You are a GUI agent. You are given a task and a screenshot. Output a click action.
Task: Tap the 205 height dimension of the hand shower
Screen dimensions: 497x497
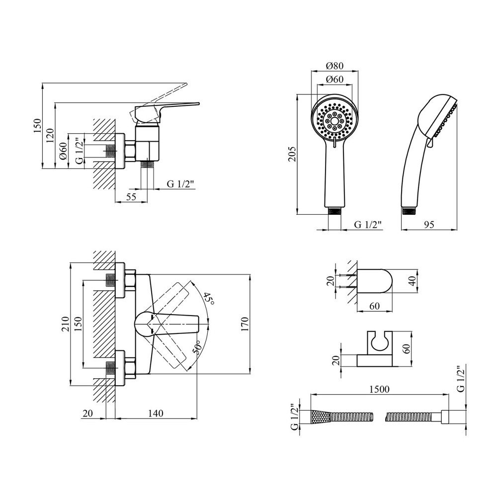(x=293, y=155)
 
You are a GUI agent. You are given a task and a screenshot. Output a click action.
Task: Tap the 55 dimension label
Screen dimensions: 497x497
(x=131, y=197)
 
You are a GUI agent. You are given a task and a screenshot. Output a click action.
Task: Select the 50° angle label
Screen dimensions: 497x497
(x=197, y=348)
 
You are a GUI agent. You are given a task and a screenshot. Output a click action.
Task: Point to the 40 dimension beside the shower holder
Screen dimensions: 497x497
(x=411, y=282)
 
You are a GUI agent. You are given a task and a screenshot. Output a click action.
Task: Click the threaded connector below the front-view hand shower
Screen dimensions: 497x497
(x=335, y=211)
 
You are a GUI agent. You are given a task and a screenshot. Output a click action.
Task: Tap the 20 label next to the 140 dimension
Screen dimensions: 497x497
(x=88, y=414)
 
